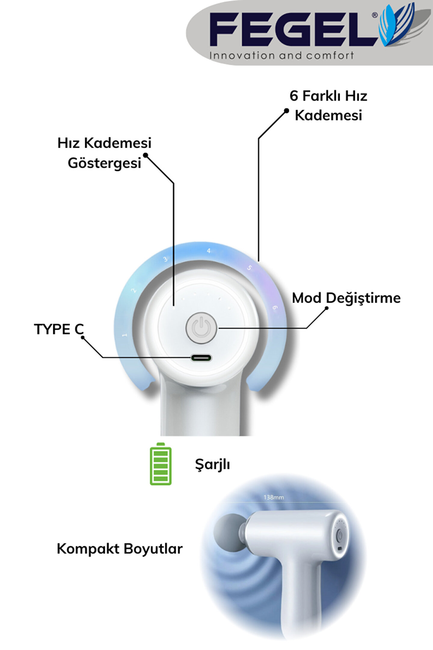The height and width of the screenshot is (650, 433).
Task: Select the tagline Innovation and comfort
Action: tap(281, 56)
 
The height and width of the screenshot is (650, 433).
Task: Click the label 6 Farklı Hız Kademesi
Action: tap(328, 106)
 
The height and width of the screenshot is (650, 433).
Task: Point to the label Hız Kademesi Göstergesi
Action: tap(104, 153)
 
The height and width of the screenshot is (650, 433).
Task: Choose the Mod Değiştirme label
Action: tap(346, 298)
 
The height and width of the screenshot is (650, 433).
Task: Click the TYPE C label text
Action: tap(59, 329)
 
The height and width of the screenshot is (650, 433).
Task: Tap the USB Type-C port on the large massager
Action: tap(201, 358)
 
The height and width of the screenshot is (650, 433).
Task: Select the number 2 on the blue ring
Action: tap(134, 290)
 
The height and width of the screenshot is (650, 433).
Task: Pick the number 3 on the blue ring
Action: tap(165, 259)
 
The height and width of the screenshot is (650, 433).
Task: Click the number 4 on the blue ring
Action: tap(209, 251)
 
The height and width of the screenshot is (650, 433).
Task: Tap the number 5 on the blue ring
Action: tap(249, 268)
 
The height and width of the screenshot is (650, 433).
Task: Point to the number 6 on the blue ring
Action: tap(275, 308)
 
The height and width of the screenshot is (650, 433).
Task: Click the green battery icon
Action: tap(161, 464)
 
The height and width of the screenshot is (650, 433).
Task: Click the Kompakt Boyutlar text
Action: tap(120, 549)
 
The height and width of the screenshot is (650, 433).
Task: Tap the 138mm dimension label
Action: tap(274, 497)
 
